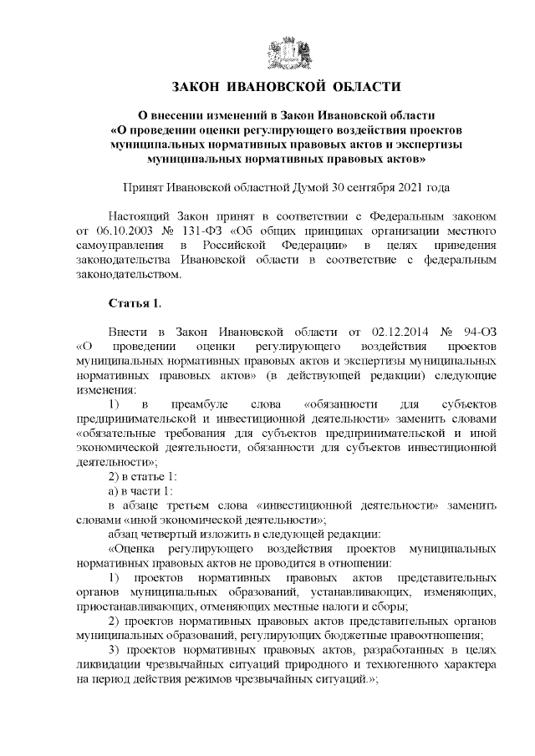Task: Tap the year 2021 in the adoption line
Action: click(x=407, y=188)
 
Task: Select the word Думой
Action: click(x=306, y=188)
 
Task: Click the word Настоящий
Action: click(x=140, y=215)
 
